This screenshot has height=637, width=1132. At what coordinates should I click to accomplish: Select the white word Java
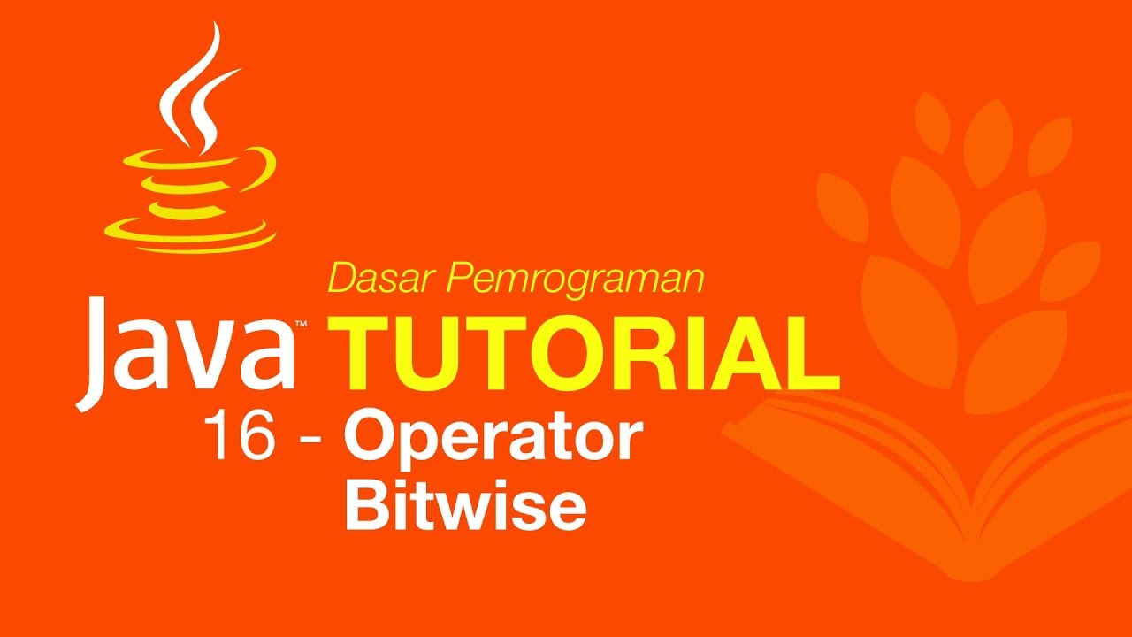point(190,349)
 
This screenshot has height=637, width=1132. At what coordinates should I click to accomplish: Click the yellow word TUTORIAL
point(584,351)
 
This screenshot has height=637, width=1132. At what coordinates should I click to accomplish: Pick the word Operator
point(492,441)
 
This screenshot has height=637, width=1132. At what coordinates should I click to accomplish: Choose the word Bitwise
point(465,505)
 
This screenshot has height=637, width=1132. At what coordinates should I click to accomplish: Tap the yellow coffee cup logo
point(190,190)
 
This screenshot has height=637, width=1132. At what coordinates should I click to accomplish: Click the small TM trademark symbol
point(302,326)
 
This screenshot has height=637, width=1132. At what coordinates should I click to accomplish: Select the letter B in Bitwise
point(363,505)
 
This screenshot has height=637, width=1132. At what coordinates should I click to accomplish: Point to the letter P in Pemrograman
point(456,279)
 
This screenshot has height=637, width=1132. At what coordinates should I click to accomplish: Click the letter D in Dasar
point(340,279)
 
